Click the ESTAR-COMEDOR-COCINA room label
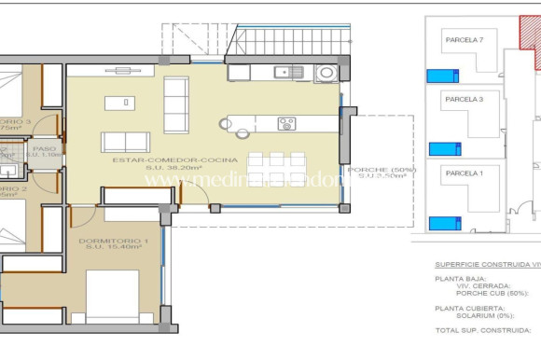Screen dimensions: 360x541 pyautogui.click(x=174, y=159)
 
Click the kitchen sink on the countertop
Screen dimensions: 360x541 pyautogui.click(x=282, y=72)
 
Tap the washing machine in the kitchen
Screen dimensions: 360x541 pyautogui.click(x=326, y=72)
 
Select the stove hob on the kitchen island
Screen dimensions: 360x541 pyautogui.click(x=286, y=123)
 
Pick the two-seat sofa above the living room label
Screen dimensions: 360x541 pyautogui.click(x=125, y=142)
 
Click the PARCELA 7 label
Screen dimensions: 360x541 pyautogui.click(x=464, y=40)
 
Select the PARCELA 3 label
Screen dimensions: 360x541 pyautogui.click(x=464, y=99)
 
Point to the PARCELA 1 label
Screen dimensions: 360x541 pyautogui.click(x=464, y=173)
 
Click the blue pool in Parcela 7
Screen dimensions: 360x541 pyautogui.click(x=443, y=76)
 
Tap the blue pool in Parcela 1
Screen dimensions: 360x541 pyautogui.click(x=445, y=223)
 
